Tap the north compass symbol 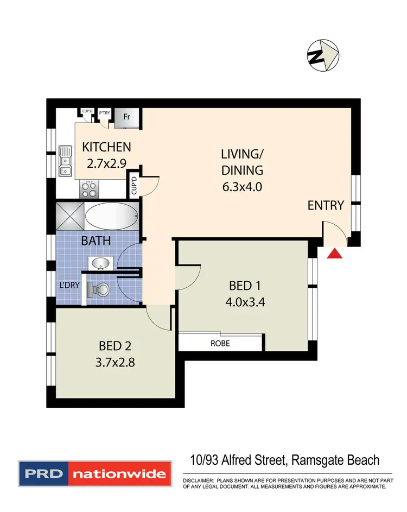[x=323, y=54]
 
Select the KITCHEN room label [x=106, y=147]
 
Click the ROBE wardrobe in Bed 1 [x=221, y=343]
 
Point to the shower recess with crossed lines [x=69, y=216]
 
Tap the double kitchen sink [x=65, y=161]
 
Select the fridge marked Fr [x=126, y=117]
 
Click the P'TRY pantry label [x=104, y=114]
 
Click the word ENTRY [x=326, y=205]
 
